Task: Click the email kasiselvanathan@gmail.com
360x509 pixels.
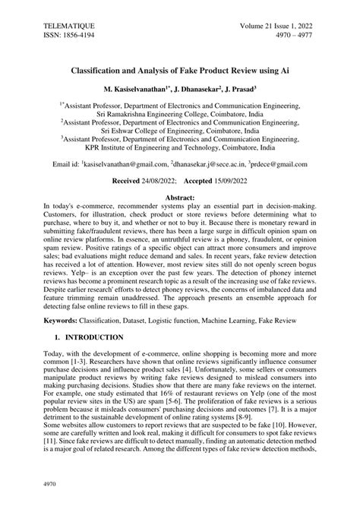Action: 125,164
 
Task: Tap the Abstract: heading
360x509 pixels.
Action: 179,197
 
